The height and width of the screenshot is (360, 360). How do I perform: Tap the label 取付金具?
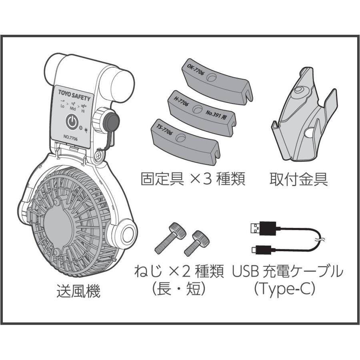298,180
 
